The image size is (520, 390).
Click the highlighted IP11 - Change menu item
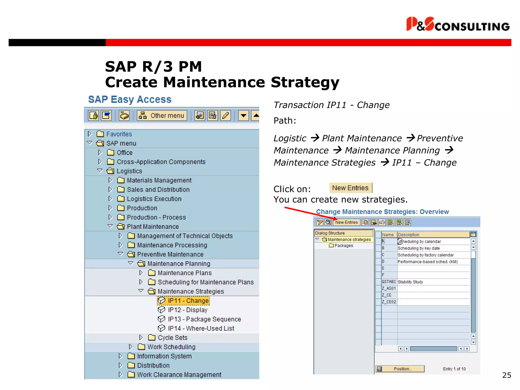[188, 301]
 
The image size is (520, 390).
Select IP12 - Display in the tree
[187, 310]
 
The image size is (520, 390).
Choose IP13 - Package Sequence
[204, 319]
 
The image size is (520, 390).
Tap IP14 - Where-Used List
[201, 329]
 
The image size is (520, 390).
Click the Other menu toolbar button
[162, 116]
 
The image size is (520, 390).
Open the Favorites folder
[119, 134]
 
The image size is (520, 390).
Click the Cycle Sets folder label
[172, 338]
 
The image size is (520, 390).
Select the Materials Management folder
[159, 180]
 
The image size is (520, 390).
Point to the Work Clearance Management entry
[179, 375]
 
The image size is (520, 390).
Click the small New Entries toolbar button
[346, 222]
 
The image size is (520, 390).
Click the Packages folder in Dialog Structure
[344, 246]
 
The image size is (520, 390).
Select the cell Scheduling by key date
[418, 248]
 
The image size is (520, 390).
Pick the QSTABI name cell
[389, 282]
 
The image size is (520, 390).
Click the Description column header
[408, 235]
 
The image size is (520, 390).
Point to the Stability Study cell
[410, 282]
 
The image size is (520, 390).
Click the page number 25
[507, 375]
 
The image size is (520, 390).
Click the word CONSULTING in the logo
[472, 27]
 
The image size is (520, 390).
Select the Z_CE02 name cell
[389, 302]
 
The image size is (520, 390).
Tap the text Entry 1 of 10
[454, 369]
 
